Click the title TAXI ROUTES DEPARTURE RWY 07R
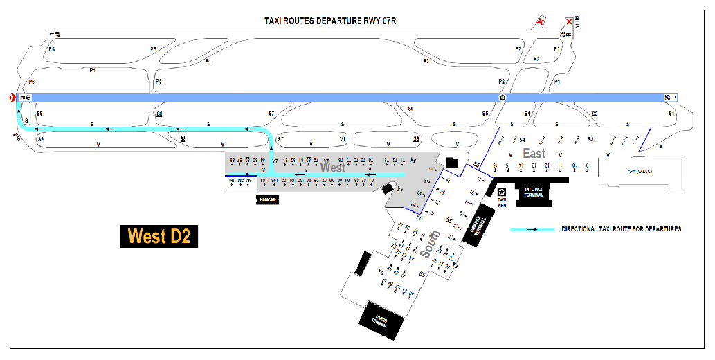(x=329, y=20)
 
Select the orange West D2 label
(x=159, y=237)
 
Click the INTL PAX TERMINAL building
(x=533, y=193)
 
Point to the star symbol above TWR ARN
(x=502, y=191)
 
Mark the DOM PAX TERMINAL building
(x=482, y=222)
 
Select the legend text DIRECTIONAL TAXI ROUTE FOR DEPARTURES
(x=621, y=229)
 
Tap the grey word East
(x=534, y=154)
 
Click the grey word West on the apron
(x=332, y=168)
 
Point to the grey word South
(x=427, y=246)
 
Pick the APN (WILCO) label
(x=640, y=170)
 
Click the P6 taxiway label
(x=31, y=82)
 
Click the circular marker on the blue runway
(x=503, y=98)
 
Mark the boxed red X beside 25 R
(x=569, y=22)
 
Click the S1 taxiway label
(x=671, y=113)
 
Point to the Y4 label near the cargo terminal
(x=381, y=271)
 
